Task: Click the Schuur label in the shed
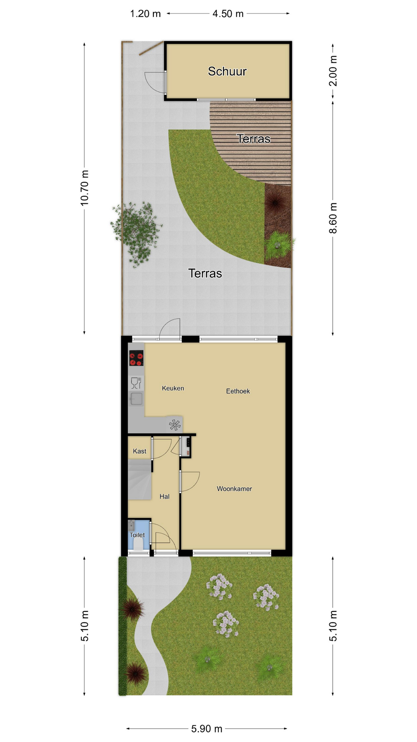tap(227, 71)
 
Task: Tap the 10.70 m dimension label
tap(85, 187)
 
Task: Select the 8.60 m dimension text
tap(333, 218)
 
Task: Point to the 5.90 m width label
tap(207, 728)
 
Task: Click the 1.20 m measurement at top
tap(145, 14)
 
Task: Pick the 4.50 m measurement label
tap(228, 14)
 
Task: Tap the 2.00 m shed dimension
tap(333, 71)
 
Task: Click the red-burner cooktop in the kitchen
tap(136, 357)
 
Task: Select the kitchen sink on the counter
tap(136, 398)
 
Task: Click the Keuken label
tap(173, 388)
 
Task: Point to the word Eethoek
tap(238, 391)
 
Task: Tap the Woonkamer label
tap(234, 488)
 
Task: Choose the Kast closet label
tap(139, 451)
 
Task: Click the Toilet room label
tap(137, 535)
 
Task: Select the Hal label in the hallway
tap(164, 496)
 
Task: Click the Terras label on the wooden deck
tap(253, 139)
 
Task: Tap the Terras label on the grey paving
tap(205, 273)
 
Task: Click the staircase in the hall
tap(139, 480)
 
